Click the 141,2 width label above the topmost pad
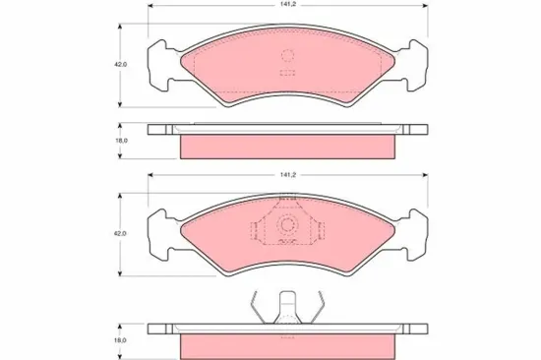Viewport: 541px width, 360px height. pos(287,5)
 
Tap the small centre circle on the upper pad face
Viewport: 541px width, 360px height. pos(288,57)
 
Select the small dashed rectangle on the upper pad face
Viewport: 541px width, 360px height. pos(288,73)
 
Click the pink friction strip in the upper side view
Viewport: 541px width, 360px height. pos(288,146)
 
